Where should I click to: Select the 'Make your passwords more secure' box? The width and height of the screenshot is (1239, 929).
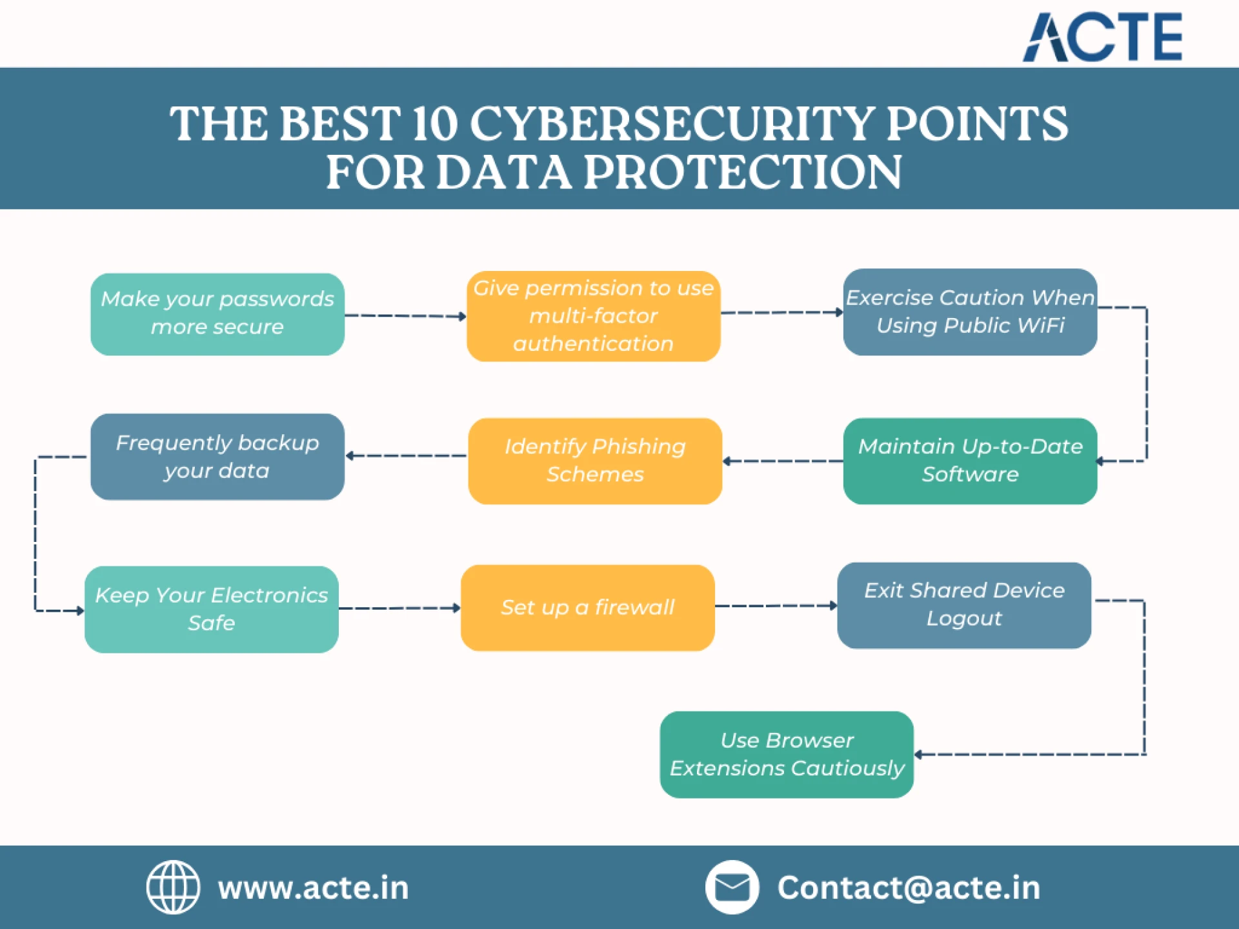tap(217, 314)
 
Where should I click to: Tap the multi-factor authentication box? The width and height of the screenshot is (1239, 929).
tap(593, 316)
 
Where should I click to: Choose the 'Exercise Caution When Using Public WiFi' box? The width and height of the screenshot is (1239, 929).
tap(970, 312)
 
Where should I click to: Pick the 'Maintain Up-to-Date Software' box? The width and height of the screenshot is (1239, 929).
tap(970, 461)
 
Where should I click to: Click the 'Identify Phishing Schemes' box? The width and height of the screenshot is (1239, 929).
tap(594, 461)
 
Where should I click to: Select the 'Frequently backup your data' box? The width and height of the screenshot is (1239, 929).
tap(217, 457)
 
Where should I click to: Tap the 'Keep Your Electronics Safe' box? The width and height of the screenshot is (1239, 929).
tap(212, 609)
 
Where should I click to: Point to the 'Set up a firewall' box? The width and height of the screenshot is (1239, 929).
tap(587, 608)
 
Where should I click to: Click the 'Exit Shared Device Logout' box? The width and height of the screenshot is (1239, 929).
tap(964, 605)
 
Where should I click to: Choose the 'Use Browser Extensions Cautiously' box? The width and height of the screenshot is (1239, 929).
tap(787, 754)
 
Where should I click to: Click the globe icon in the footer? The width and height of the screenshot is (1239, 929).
tap(173, 887)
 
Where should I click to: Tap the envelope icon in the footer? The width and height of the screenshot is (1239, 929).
tap(732, 887)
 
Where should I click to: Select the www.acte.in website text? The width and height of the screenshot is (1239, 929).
tap(314, 888)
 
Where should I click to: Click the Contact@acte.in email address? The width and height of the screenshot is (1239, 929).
tap(909, 888)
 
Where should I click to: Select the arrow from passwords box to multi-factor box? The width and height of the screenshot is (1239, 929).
tap(405, 316)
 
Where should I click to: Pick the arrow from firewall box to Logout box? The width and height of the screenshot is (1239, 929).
tap(776, 606)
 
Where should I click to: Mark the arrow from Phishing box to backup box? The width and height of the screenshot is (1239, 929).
tap(407, 455)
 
